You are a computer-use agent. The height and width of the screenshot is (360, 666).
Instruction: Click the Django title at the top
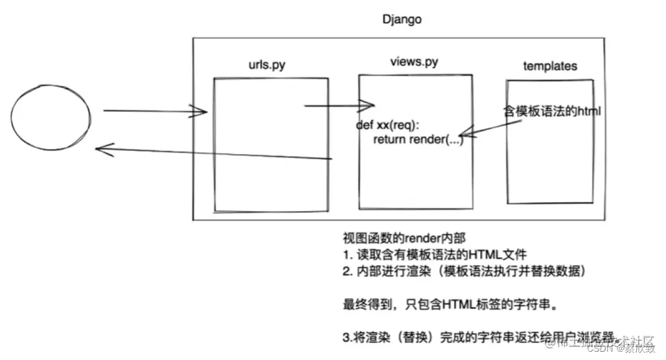coord(402,19)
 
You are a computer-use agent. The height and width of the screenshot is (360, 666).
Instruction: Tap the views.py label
coord(413,63)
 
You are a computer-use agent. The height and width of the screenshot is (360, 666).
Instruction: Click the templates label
coord(550,66)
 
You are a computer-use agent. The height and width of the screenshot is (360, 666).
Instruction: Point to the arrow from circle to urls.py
coord(154,111)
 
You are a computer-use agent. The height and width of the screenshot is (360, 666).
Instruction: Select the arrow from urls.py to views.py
coord(339,106)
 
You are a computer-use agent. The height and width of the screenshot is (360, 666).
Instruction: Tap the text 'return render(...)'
coord(418,139)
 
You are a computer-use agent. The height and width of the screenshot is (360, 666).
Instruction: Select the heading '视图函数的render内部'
coord(395,238)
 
